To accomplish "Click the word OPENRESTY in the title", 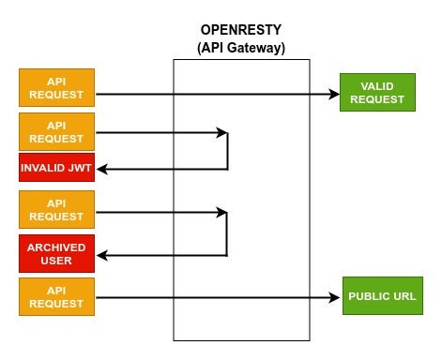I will (x=241, y=29).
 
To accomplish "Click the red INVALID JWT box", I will (x=56, y=169).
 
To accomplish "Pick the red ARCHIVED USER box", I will (x=56, y=254).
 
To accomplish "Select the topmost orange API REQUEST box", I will (x=56, y=87).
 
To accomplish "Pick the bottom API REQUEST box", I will (x=56, y=297).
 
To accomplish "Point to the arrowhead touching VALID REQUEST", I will (x=333, y=94).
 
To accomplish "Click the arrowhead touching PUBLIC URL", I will (x=335, y=299).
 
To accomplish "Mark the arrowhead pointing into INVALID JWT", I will (x=102, y=170).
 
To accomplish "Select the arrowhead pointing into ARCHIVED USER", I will (x=102, y=255).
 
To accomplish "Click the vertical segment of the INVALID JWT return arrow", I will (x=228, y=151).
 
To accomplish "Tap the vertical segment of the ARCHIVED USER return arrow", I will (x=228, y=233).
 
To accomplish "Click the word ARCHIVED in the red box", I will (x=56, y=247).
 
